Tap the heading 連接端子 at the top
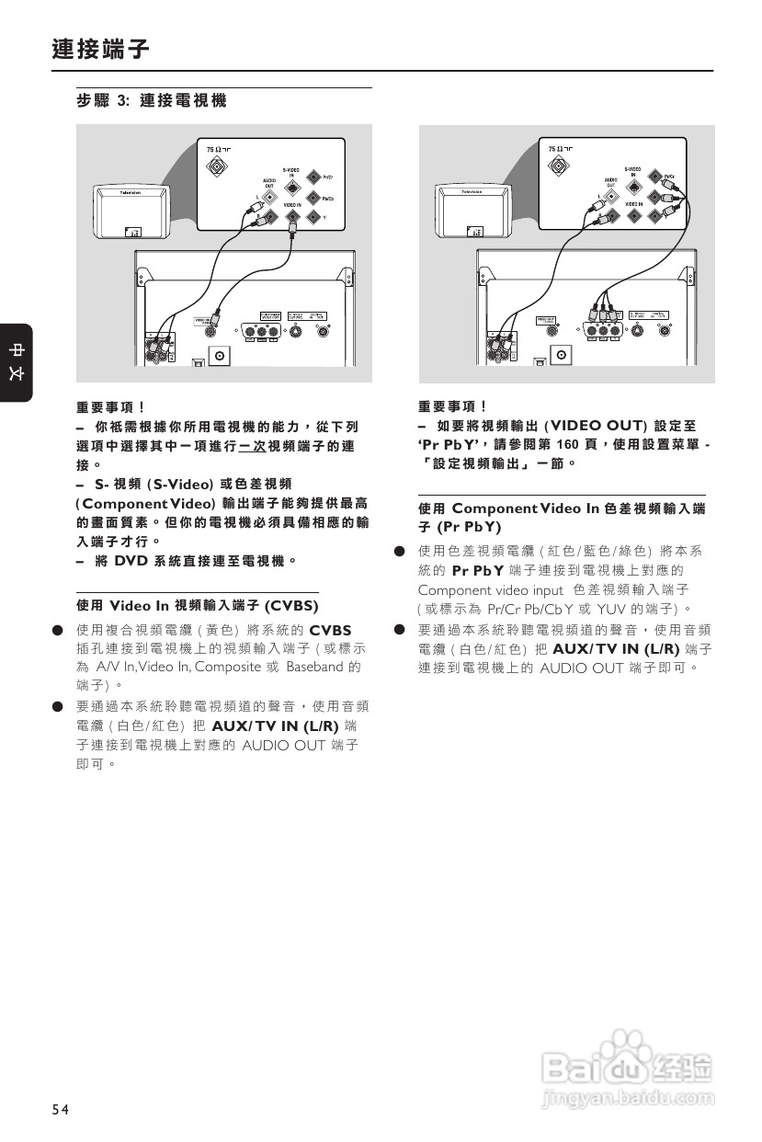[x=100, y=49]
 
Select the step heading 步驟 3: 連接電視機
[x=151, y=101]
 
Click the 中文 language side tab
[x=17, y=362]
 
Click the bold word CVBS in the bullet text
[x=331, y=630]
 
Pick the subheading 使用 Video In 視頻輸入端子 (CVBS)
[x=198, y=606]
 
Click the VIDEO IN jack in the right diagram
[x=634, y=217]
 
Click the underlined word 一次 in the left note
[x=251, y=446]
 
